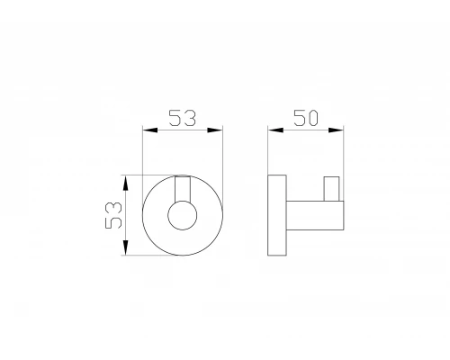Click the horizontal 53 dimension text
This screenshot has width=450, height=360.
click(183, 117)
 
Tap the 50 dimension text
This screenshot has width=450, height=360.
click(309, 117)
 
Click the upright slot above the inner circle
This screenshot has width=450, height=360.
click(183, 192)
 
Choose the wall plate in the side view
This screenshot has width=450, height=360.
click(277, 215)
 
